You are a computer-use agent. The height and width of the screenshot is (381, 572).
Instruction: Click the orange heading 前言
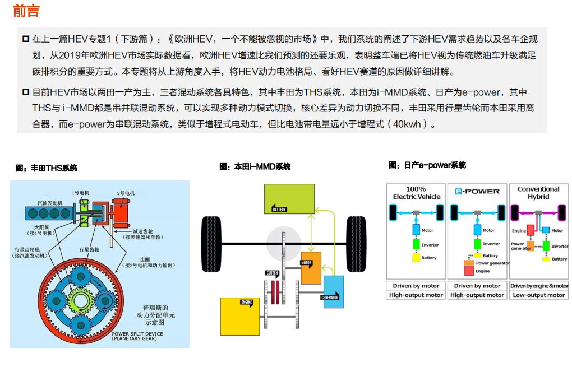tap(26, 11)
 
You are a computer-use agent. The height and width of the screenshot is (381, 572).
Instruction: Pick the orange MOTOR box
tap(310, 268)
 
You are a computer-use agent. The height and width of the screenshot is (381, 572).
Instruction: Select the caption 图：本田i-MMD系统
tap(255, 167)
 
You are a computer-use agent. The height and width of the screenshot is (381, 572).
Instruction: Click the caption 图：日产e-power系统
tap(427, 165)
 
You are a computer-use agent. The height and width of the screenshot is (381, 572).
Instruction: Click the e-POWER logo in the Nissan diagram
tap(477, 192)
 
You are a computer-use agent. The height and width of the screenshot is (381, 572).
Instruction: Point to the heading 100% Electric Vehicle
tap(416, 193)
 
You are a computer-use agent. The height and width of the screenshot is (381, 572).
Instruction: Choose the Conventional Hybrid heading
tap(538, 193)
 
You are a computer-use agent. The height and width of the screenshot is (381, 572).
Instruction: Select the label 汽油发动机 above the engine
tap(50, 203)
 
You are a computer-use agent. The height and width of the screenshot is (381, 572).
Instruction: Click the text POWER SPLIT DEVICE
tap(137, 334)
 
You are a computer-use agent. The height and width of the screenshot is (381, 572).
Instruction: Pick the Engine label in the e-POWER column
tap(482, 271)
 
